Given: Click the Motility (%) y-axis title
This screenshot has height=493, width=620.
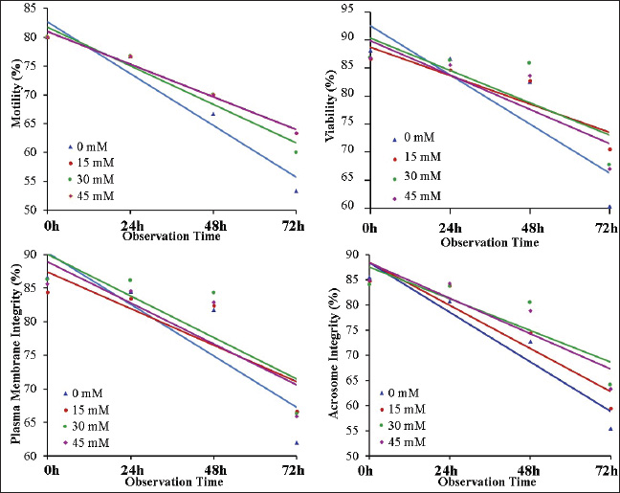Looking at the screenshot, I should (16, 110).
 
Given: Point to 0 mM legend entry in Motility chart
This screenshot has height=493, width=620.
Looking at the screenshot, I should (90, 147).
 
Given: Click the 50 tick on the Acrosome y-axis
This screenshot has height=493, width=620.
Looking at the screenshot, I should (350, 457).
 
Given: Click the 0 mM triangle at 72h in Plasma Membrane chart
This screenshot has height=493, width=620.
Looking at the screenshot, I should (298, 443).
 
